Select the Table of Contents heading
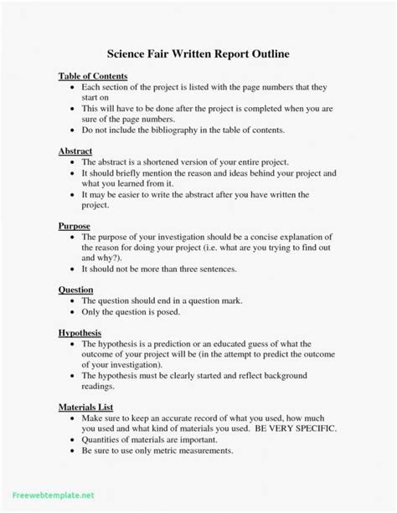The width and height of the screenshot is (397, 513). (x=91, y=76)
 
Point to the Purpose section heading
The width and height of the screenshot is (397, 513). (x=74, y=226)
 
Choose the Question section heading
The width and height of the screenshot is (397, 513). (x=75, y=290)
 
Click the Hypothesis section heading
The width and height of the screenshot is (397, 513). (x=80, y=332)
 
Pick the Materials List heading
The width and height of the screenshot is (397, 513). (x=86, y=408)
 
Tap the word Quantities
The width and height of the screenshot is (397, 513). (x=104, y=439)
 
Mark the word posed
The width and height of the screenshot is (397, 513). (x=168, y=311)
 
